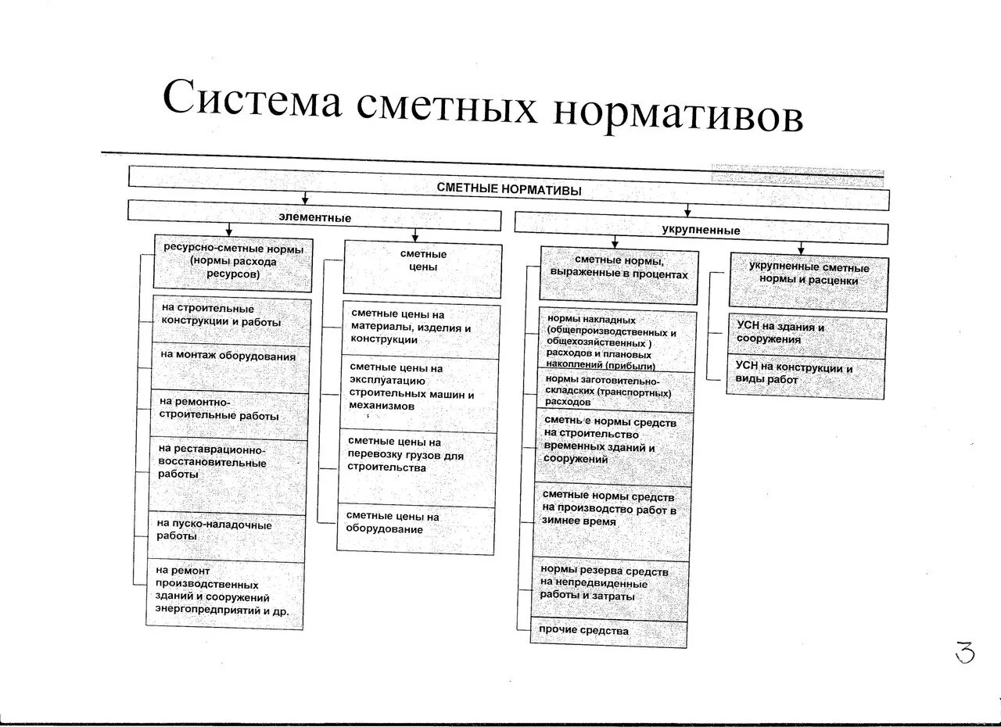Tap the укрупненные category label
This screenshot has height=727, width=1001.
click(x=701, y=231)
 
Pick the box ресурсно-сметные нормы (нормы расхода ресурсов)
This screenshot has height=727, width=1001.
click(x=233, y=262)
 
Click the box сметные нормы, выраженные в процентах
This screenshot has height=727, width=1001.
click(x=619, y=275)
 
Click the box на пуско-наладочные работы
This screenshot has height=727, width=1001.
click(x=226, y=536)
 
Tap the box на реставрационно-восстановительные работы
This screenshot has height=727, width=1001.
click(x=226, y=475)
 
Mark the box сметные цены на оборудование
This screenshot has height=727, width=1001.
click(x=415, y=530)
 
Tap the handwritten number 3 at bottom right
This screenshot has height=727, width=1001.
click(x=965, y=652)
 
